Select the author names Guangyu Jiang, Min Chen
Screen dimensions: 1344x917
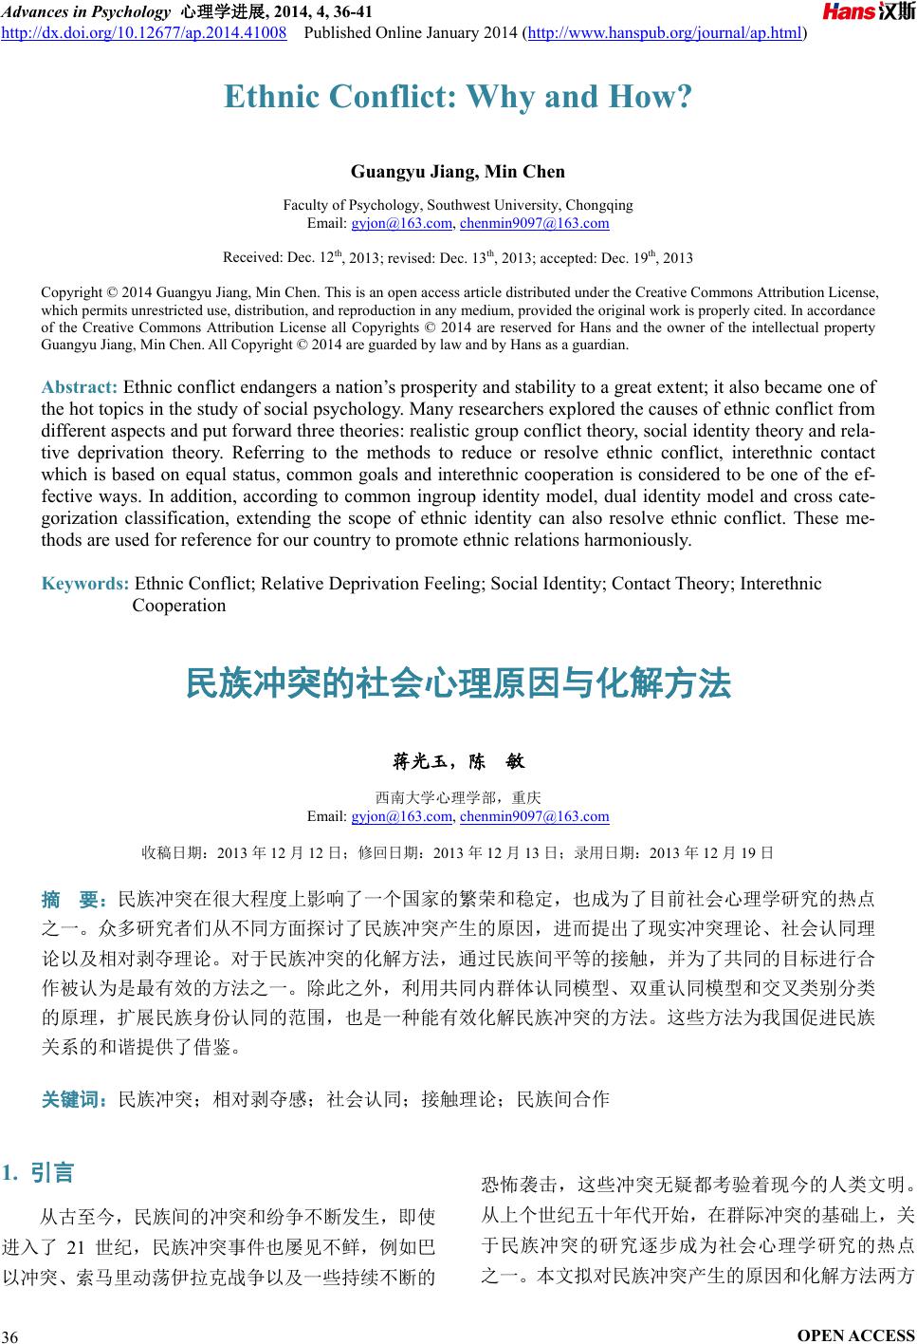tap(458, 172)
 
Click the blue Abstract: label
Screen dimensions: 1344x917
tap(80, 387)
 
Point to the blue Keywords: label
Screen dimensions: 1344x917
tap(85, 584)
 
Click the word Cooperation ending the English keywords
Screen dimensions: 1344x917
tap(179, 606)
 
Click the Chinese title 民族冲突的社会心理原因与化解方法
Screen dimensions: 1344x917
tap(458, 683)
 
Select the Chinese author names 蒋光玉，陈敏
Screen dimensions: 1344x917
tap(458, 761)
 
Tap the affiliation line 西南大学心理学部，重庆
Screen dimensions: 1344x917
tap(458, 798)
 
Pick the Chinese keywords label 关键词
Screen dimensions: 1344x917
tap(76, 1100)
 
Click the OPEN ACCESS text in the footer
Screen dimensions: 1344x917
tap(856, 1335)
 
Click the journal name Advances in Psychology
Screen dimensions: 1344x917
tap(83, 12)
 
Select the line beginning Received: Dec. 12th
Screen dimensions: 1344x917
tap(458, 258)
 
